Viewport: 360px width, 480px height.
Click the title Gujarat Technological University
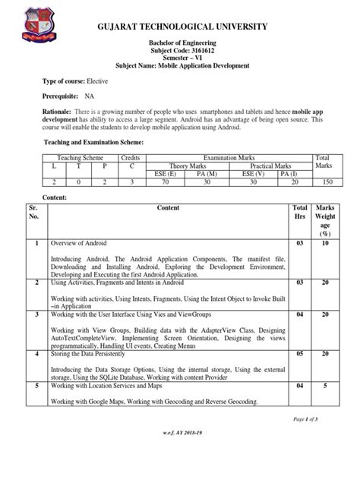tap(179, 28)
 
